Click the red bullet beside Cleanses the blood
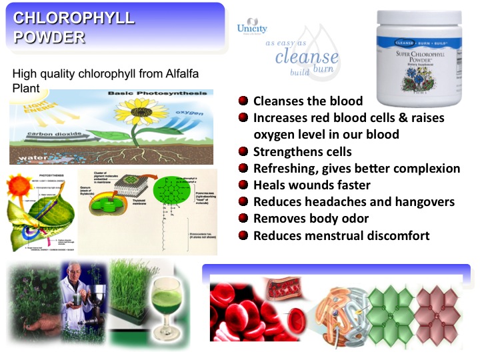243,101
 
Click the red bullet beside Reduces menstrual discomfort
243,235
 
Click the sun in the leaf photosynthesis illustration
17,187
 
